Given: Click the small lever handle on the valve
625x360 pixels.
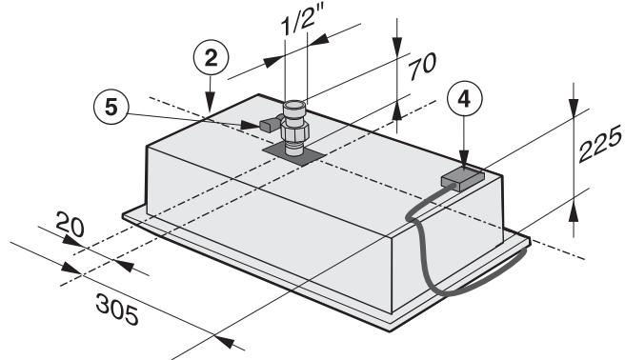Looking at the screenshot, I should click(x=263, y=125).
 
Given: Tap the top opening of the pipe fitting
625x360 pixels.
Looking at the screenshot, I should click(x=296, y=103).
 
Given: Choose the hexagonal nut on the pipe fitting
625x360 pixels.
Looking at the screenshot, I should click(x=295, y=122).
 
